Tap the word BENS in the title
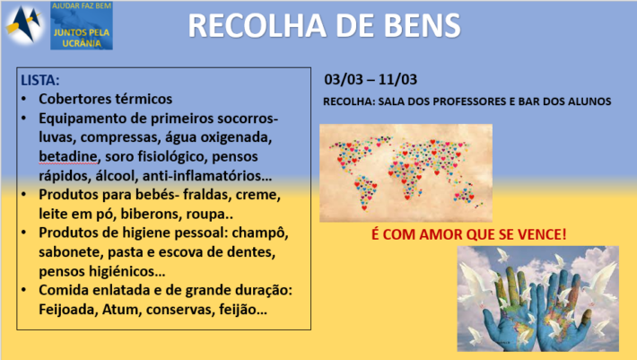click(x=422, y=26)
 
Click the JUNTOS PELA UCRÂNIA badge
click(x=82, y=26)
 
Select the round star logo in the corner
click(x=24, y=24)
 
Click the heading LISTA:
click(x=40, y=80)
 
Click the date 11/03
click(x=397, y=79)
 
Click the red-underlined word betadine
click(x=68, y=156)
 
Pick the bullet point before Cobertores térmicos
click(x=24, y=99)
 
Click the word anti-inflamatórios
click(x=206, y=176)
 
